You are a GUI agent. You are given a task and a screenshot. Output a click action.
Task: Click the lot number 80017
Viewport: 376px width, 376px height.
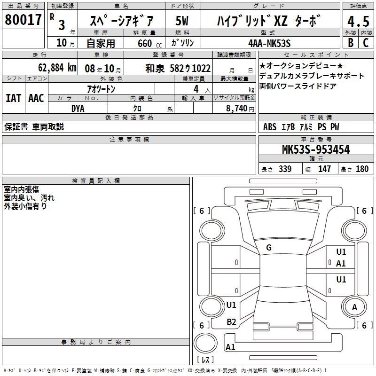[x=23, y=20]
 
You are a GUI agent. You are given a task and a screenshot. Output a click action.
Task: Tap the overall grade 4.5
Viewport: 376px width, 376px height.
[x=358, y=21]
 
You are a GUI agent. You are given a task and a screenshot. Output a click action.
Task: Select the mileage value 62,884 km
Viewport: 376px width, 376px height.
[x=57, y=68]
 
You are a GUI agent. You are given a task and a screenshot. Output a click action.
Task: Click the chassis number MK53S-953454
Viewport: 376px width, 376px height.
[x=316, y=149]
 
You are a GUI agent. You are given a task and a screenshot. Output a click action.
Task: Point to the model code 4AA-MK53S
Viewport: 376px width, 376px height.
[x=269, y=43]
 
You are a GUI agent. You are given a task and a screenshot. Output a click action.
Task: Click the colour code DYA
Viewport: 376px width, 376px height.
[x=78, y=109]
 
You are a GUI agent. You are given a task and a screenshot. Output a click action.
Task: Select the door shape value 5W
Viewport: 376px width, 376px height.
[x=182, y=21]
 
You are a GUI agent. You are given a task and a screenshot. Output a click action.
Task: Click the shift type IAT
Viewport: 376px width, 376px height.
[x=14, y=98]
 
